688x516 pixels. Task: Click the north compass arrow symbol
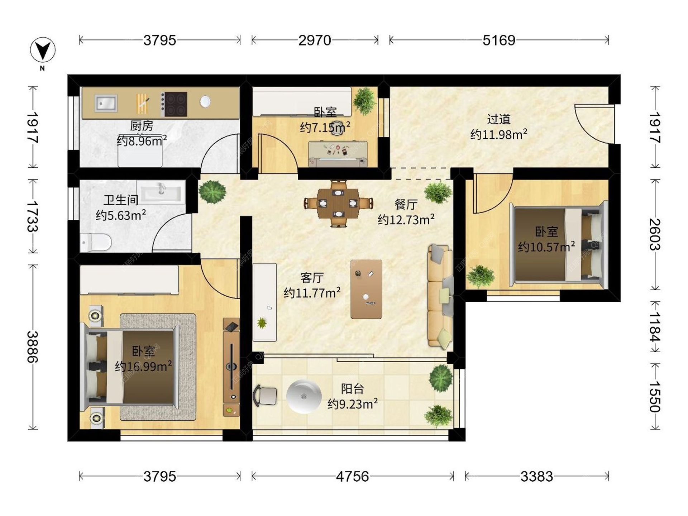(x=43, y=50)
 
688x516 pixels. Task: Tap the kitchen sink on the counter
(x=106, y=103)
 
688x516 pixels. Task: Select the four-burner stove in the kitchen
(x=174, y=104)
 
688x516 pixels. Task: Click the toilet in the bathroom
(x=95, y=243)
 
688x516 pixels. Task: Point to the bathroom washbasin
(x=161, y=192)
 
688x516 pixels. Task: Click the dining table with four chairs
(x=338, y=204)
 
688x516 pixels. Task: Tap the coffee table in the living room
(x=366, y=289)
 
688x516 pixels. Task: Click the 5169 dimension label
(x=499, y=40)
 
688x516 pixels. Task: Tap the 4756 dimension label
(x=352, y=477)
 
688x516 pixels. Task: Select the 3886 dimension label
(x=32, y=347)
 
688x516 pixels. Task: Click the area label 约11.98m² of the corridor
(x=499, y=134)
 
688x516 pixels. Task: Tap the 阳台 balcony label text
(x=353, y=389)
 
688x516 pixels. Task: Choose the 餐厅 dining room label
(x=406, y=205)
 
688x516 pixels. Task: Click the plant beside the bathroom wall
(x=212, y=192)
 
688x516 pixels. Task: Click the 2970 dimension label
(x=315, y=40)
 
